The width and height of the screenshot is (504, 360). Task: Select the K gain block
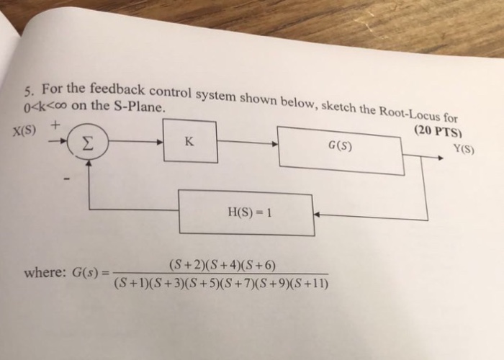click(189, 141)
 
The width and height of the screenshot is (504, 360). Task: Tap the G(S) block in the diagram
click(340, 149)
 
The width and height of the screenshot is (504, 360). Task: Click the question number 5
click(27, 92)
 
